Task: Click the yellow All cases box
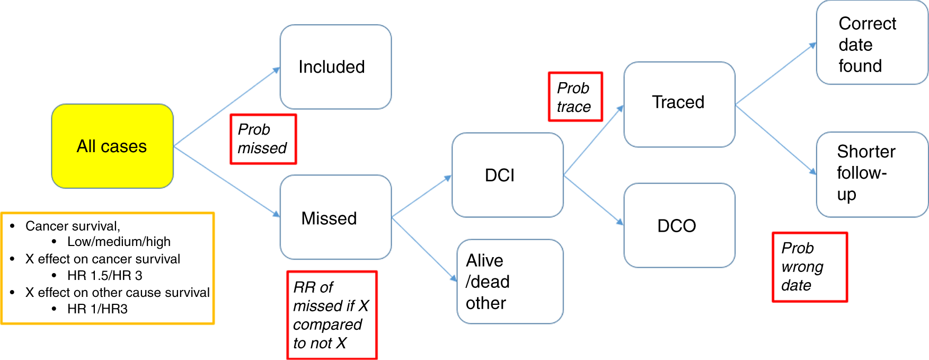pyautogui.click(x=112, y=146)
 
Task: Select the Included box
pyautogui.click(x=335, y=67)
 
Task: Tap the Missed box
pyautogui.click(x=335, y=217)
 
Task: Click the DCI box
pyautogui.click(x=507, y=175)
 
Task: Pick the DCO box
pyautogui.click(x=679, y=226)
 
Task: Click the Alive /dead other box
pyautogui.click(x=509, y=282)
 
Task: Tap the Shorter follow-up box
pyautogui.click(x=871, y=174)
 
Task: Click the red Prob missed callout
pyautogui.click(x=263, y=139)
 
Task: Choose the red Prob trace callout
pyautogui.click(x=575, y=97)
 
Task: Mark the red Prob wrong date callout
pyautogui.click(x=809, y=267)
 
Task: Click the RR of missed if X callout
pyautogui.click(x=332, y=315)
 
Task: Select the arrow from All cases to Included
pyautogui.click(x=227, y=107)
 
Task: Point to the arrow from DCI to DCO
pyautogui.click(x=594, y=200)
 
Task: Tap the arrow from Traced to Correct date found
pyautogui.click(x=775, y=73)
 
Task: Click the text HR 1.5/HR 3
pyautogui.click(x=105, y=276)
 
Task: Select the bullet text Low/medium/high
pyautogui.click(x=119, y=242)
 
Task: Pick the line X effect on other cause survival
pyautogui.click(x=117, y=293)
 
